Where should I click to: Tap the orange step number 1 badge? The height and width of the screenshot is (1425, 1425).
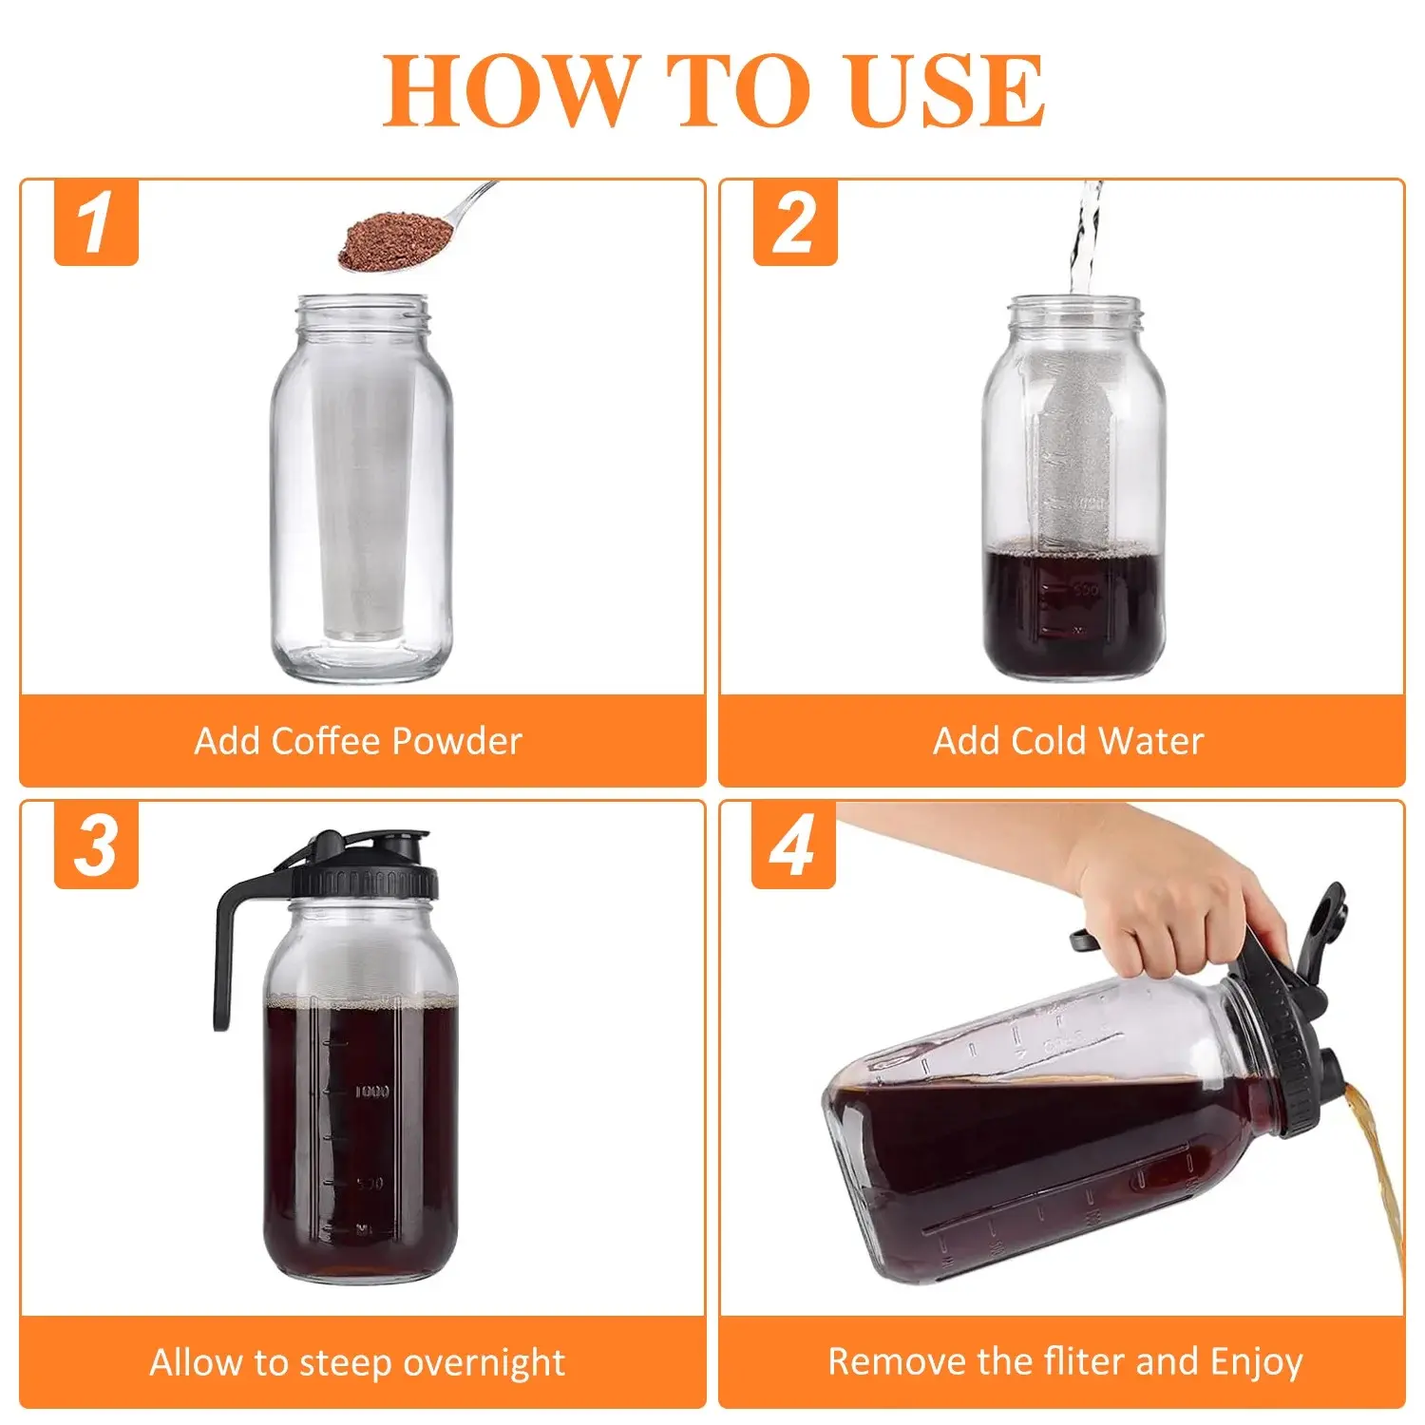pos(96,222)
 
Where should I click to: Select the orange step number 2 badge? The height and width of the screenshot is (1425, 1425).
pos(795,222)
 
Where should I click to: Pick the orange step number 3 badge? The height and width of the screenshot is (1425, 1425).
pos(96,845)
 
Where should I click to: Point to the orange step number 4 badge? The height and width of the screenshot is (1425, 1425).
pos(793,845)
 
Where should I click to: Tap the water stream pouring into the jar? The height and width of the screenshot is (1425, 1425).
pos(1084,237)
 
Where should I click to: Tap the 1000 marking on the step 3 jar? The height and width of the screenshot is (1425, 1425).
pos(371,1092)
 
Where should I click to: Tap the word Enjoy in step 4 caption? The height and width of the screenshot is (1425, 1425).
pos(1256,1363)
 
